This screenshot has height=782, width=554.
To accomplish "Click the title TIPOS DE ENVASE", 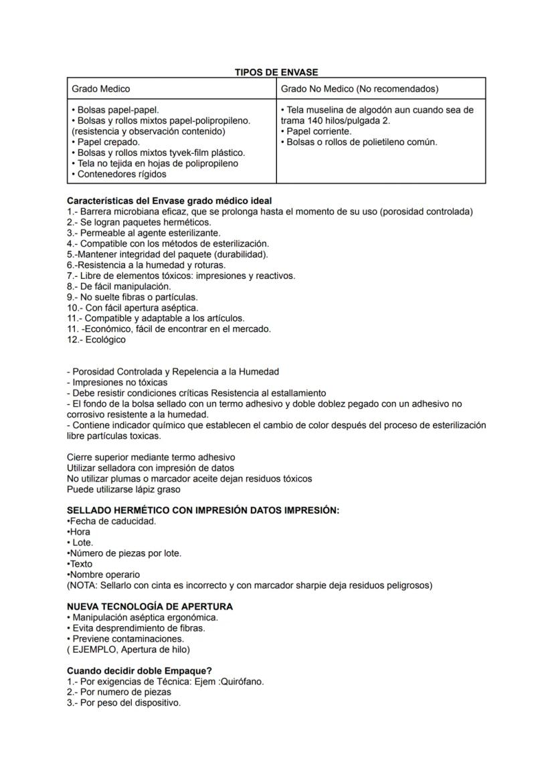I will [x=276, y=72].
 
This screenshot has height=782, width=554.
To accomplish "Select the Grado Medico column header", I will [x=101, y=89].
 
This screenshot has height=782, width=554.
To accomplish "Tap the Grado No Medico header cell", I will [x=359, y=89].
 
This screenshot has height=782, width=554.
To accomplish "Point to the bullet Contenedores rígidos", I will [x=118, y=175].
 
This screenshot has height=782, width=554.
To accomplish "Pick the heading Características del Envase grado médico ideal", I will [x=169, y=201].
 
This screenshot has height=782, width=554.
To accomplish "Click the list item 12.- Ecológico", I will [x=96, y=340].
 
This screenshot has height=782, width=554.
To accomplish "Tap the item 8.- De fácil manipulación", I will [x=114, y=286].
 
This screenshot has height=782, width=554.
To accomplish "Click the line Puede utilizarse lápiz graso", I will [x=124, y=490].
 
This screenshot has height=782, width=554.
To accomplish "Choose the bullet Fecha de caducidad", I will [x=112, y=521].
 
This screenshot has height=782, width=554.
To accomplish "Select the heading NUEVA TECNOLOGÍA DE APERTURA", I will [x=150, y=607].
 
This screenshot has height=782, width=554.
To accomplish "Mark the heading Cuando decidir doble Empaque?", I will [x=139, y=671].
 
